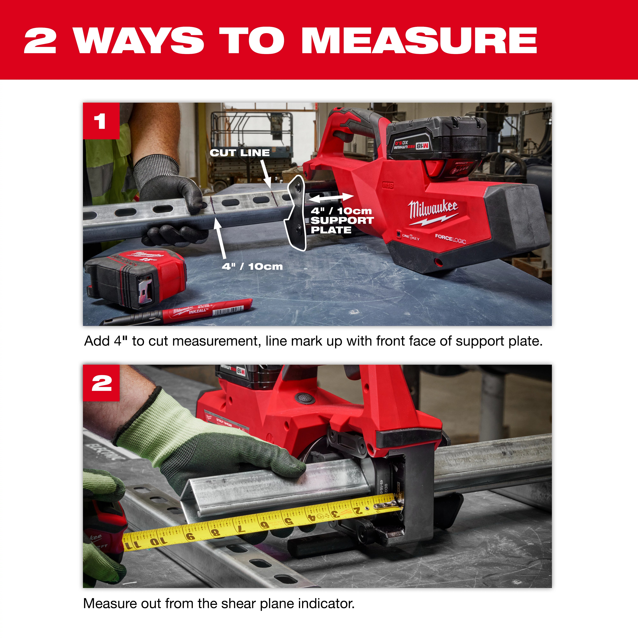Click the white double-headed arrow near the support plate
331,198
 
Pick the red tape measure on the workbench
135,277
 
